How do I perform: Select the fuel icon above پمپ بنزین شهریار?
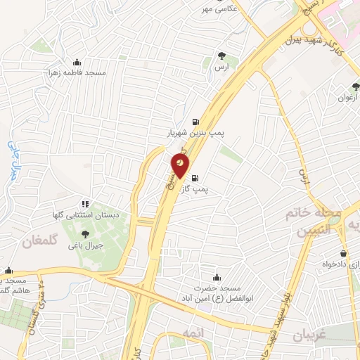tap(195, 120)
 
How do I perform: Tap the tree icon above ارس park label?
tap(221, 56)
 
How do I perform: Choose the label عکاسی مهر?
tap(217, 9)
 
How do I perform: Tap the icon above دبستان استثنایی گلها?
tap(85, 204)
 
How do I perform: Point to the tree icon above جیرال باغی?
tap(85, 234)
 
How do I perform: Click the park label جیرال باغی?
tap(86, 246)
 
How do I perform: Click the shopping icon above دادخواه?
tap(343, 254)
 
